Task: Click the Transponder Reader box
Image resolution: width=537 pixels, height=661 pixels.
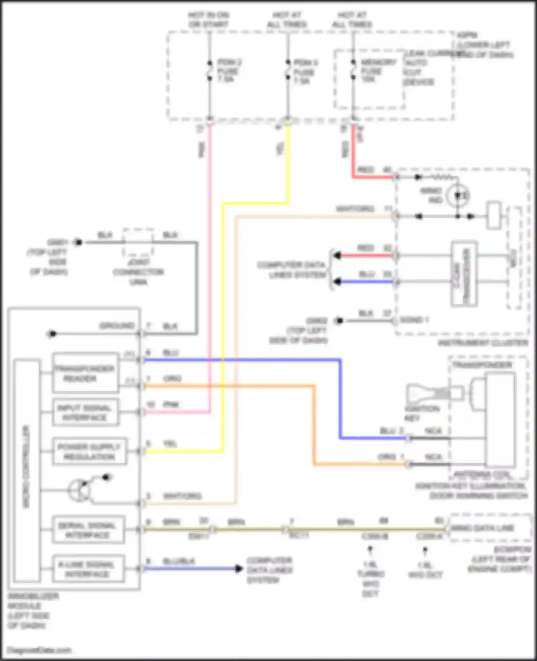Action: [x=85, y=373]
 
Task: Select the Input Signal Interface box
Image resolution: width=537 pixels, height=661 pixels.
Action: [x=85, y=412]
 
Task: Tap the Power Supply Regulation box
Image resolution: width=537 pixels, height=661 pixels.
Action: [x=89, y=452]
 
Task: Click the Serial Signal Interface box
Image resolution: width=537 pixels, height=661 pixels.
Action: [x=88, y=530]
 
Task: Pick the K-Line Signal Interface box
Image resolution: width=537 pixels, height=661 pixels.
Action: [x=88, y=569]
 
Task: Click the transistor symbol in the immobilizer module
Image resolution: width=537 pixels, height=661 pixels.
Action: [x=79, y=490]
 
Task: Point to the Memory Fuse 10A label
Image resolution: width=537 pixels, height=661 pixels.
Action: [x=378, y=71]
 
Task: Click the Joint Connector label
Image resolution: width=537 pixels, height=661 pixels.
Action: [x=138, y=272]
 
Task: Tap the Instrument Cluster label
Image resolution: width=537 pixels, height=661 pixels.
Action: [x=483, y=343]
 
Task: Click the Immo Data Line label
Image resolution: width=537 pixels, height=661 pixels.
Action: [x=482, y=528]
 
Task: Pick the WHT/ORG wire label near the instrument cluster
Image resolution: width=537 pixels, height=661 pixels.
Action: [x=355, y=209]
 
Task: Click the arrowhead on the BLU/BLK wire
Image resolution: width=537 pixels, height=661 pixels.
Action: [x=239, y=568]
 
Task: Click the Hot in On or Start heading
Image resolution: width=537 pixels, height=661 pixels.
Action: [x=208, y=20]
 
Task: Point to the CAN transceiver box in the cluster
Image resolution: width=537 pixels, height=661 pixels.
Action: [x=464, y=274]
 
